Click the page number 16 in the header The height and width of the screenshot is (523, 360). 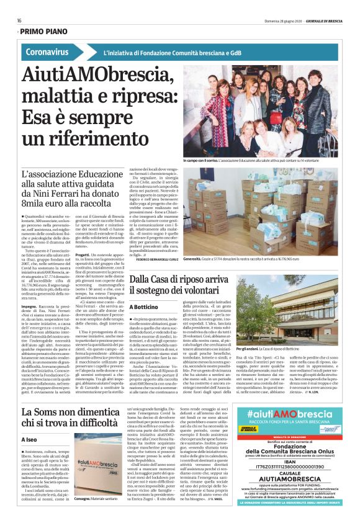click(x=19, y=20)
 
